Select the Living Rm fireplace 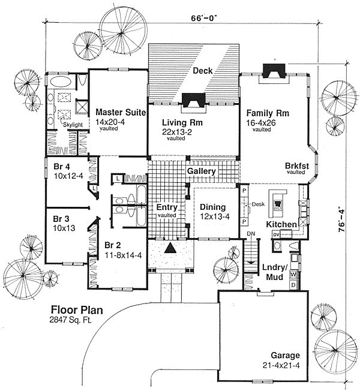click(194, 100)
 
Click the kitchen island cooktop click(278, 203)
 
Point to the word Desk click(259, 204)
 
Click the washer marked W click(293, 275)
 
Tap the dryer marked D click(293, 284)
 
